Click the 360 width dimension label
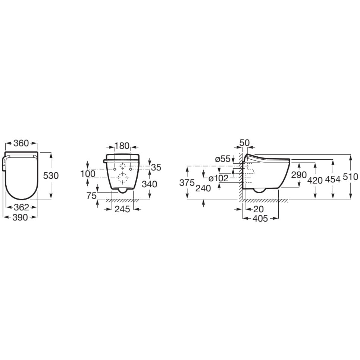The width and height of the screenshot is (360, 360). (21, 143)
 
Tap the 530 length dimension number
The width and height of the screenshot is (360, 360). (51, 176)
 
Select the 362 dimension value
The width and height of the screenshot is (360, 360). (21, 207)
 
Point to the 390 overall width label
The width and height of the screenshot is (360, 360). (20, 217)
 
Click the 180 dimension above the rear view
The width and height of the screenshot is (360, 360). (122, 146)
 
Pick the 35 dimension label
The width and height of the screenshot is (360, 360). (156, 168)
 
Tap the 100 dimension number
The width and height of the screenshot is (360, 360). (88, 174)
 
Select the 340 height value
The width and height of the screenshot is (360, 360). (150, 184)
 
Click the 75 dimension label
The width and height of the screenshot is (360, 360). (91, 196)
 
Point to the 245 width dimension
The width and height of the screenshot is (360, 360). (122, 209)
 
